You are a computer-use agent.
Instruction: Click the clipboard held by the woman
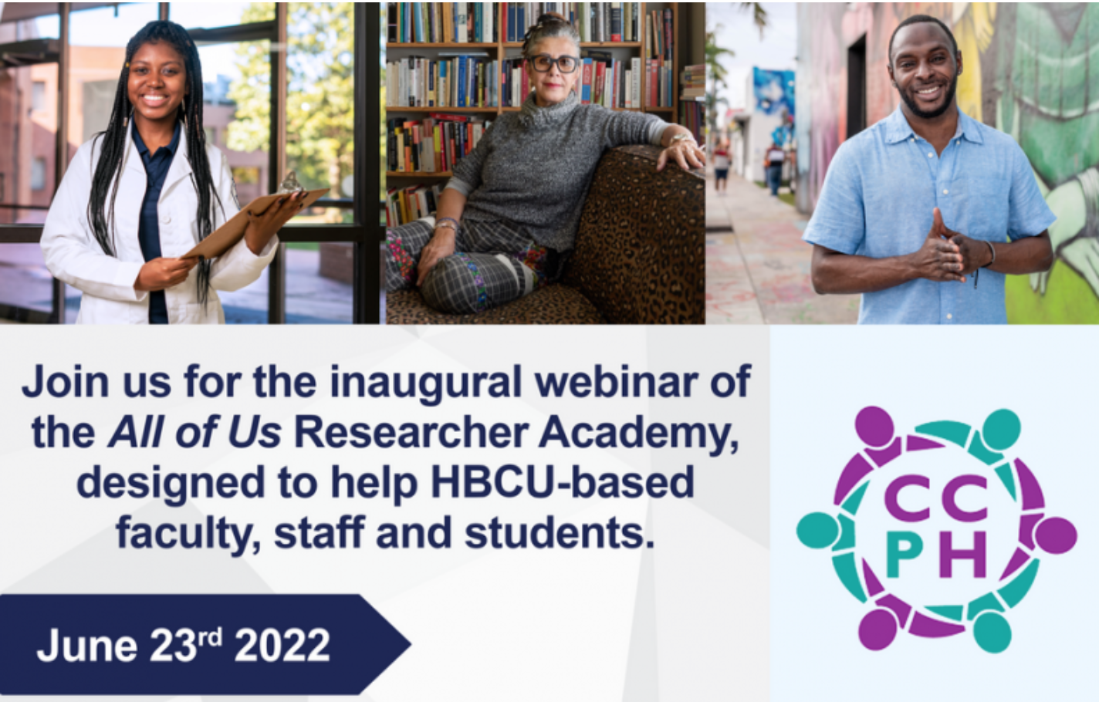click(x=255, y=221)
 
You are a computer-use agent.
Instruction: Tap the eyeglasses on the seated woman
click(x=554, y=64)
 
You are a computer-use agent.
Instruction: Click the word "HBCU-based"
click(x=563, y=483)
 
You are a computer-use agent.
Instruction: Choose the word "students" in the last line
click(x=560, y=532)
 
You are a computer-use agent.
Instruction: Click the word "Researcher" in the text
click(x=411, y=434)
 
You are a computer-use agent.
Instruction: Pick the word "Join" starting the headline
click(x=65, y=383)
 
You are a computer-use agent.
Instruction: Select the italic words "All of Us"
click(x=194, y=434)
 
